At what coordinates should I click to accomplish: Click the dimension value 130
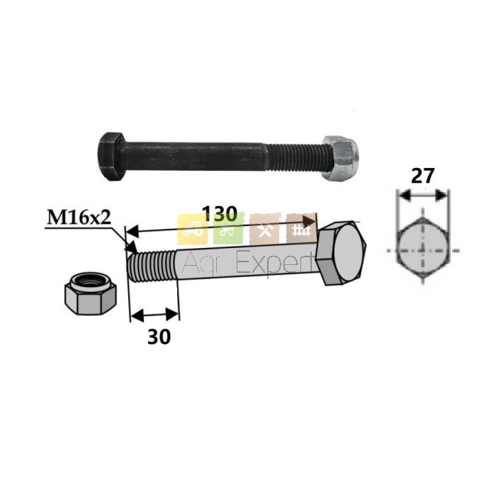[220, 214]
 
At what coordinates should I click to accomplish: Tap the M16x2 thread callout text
[79, 218]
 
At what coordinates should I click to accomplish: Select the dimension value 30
[159, 337]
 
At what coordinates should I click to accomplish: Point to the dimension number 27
[422, 176]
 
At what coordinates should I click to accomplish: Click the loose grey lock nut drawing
[91, 293]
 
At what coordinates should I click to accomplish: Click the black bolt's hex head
[112, 157]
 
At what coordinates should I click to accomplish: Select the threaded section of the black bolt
[293, 157]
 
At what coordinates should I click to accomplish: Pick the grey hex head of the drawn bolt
[341, 254]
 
